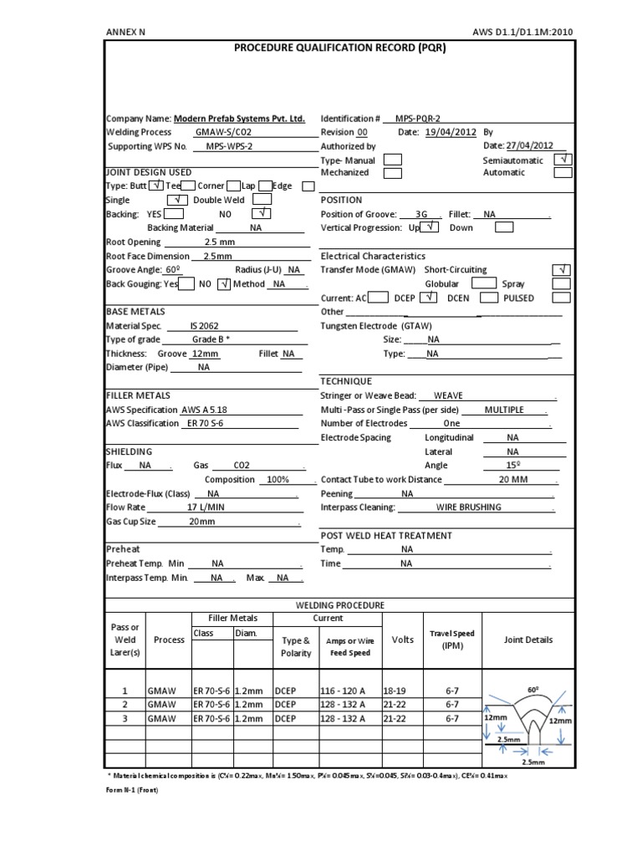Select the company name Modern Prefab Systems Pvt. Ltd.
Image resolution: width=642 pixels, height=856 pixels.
240,120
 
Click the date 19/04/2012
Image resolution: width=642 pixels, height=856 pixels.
452,132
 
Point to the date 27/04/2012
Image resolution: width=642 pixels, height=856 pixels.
529,145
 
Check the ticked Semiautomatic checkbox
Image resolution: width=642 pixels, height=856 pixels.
563,159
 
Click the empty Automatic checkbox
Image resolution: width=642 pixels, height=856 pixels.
563,172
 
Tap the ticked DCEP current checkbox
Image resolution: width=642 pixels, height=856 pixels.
428,298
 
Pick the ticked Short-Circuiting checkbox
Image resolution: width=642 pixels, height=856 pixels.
563,269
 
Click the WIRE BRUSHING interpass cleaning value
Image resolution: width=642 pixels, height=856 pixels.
468,507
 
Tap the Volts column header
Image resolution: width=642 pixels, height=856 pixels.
402,639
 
